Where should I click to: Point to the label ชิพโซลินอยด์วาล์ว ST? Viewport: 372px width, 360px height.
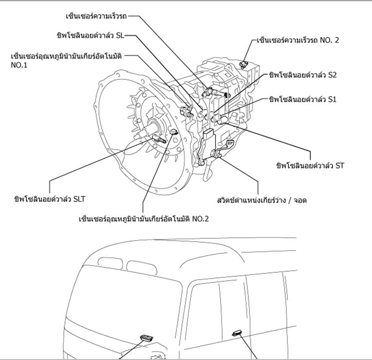pyautogui.click(x=310, y=166)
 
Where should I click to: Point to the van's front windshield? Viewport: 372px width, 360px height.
pyautogui.click(x=127, y=302)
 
